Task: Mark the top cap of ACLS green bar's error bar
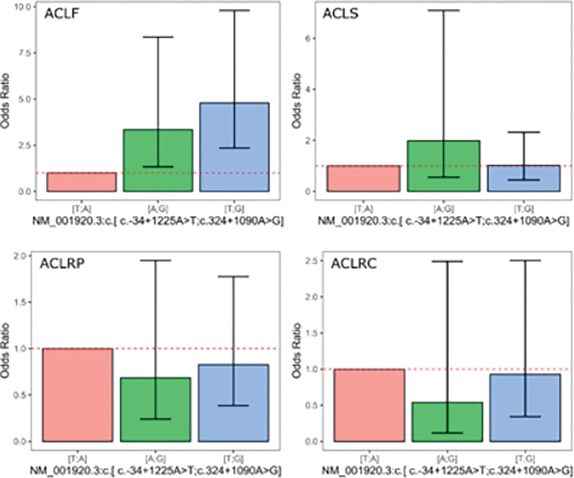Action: tap(443, 10)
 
